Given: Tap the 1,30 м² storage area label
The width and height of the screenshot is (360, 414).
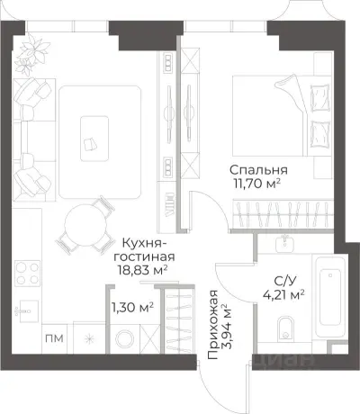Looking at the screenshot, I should [x=131, y=307].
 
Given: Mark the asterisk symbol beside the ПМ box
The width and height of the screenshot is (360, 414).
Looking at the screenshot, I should [x=87, y=339].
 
